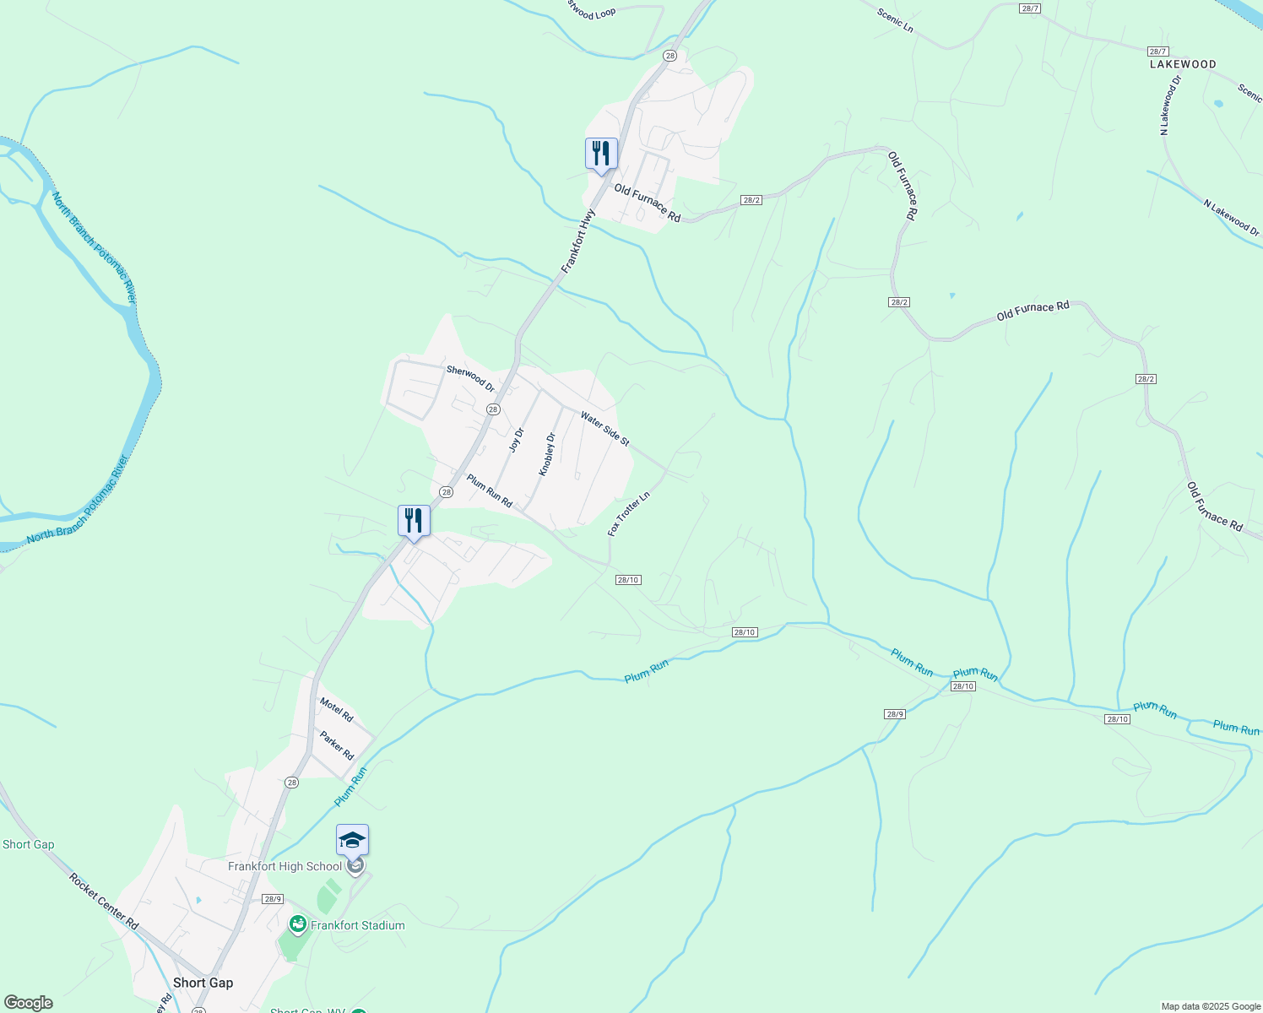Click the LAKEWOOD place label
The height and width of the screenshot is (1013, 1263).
pyautogui.click(x=1183, y=64)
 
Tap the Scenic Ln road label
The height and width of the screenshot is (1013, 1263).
pyautogui.click(x=895, y=20)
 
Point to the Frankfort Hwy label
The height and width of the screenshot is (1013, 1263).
pyautogui.click(x=578, y=241)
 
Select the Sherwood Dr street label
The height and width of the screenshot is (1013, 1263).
pyautogui.click(x=470, y=377)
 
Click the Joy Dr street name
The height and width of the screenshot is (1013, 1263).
pyautogui.click(x=517, y=440)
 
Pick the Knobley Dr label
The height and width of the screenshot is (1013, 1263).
pyautogui.click(x=548, y=454)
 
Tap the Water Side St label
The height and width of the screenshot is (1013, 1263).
pyautogui.click(x=604, y=429)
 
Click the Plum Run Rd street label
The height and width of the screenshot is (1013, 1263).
pyautogui.click(x=490, y=491)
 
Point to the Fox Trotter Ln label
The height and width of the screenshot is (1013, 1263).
pyautogui.click(x=629, y=513)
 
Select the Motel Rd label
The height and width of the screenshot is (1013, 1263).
pyautogui.click(x=336, y=710)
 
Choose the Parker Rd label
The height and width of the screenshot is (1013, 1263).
pyautogui.click(x=337, y=745)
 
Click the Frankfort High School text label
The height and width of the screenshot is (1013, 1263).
pyautogui.click(x=285, y=866)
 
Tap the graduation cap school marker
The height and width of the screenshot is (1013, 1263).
pyautogui.click(x=352, y=841)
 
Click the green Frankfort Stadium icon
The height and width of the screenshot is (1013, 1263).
pyautogui.click(x=297, y=925)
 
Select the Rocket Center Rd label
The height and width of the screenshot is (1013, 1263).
pyautogui.click(x=104, y=902)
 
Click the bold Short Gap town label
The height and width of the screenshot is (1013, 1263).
pyautogui.click(x=203, y=983)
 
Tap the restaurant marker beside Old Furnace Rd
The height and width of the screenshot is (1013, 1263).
pyautogui.click(x=601, y=154)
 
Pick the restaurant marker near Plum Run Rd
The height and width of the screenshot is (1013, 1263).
pyautogui.click(x=414, y=521)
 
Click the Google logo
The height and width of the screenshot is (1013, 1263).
pyautogui.click(x=28, y=1003)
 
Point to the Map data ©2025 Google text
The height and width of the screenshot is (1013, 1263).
pyautogui.click(x=1211, y=1006)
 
